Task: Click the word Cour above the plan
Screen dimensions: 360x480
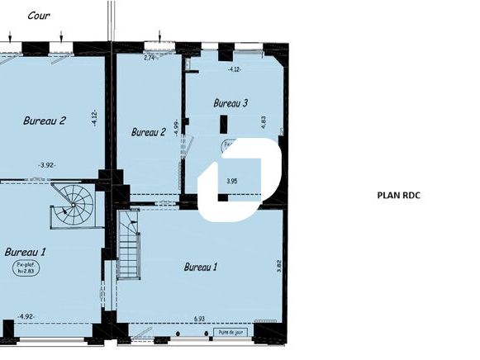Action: [36, 15]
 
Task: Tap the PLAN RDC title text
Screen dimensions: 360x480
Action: [400, 196]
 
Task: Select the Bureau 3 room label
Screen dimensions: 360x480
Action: [230, 103]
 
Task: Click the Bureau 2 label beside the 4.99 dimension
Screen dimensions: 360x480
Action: [149, 131]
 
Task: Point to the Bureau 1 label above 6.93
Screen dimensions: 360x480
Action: [201, 267]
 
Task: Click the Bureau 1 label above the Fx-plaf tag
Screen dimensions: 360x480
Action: [25, 251]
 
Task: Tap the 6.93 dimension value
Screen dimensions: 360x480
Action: [199, 318]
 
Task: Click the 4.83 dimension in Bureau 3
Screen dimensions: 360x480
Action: [264, 120]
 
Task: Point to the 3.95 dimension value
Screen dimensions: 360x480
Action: [232, 180]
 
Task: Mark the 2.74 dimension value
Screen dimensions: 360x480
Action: [150, 58]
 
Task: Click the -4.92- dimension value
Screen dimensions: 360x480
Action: [26, 316]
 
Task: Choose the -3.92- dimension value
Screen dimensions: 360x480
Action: [47, 164]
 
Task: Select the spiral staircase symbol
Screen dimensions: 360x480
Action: [74, 206]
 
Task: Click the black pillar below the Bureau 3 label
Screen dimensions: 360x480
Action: [223, 126]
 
